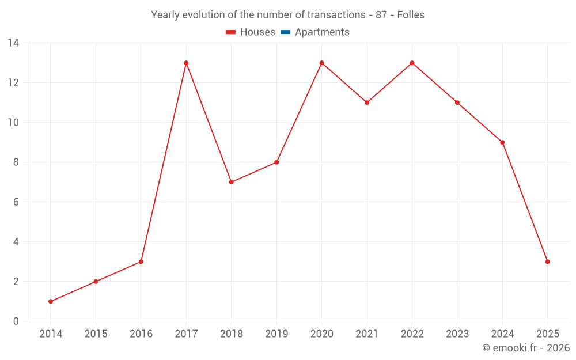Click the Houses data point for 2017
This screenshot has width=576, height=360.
(x=186, y=63)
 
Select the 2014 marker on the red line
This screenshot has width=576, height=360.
(x=51, y=301)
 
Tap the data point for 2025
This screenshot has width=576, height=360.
(x=547, y=262)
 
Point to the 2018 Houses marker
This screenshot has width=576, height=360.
(x=231, y=182)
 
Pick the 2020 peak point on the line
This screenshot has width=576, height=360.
(x=321, y=63)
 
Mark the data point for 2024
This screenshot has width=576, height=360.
(x=502, y=142)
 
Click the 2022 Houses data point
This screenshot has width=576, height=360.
(x=412, y=63)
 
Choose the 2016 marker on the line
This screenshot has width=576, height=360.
(x=141, y=262)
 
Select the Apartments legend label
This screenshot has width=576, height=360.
(x=322, y=32)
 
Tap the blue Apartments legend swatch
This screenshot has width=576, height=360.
(x=285, y=32)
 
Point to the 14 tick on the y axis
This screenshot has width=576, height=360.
(x=13, y=43)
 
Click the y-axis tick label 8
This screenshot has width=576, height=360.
(x=16, y=162)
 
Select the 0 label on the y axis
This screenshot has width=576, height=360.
(x=16, y=321)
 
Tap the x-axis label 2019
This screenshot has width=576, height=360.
(x=276, y=334)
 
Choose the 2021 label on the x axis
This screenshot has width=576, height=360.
(x=367, y=334)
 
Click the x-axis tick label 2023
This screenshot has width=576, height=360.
(x=457, y=334)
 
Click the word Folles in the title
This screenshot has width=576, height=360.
(x=411, y=15)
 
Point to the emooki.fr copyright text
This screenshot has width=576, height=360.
(x=525, y=348)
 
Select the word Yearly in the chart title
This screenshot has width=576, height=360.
(x=166, y=15)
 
